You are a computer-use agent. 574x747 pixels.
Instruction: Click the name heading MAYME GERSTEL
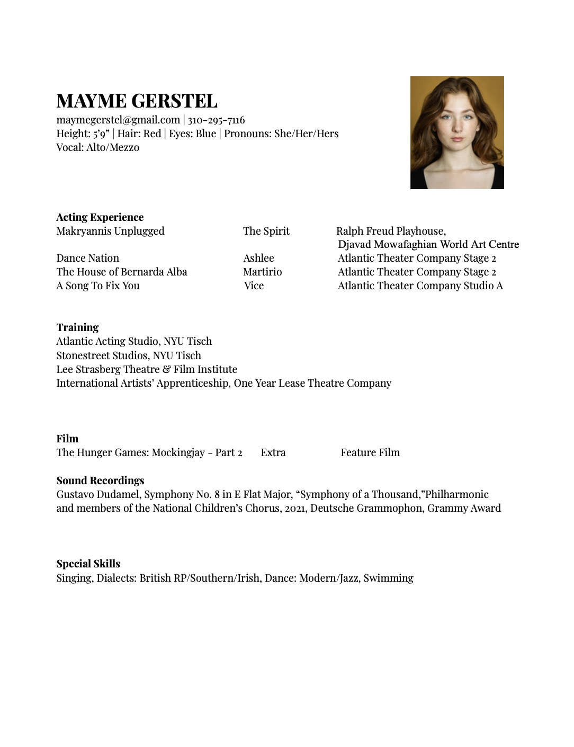click(x=137, y=101)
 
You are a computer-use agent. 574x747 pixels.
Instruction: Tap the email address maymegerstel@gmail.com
click(x=118, y=120)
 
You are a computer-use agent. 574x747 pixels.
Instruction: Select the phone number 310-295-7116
click(x=216, y=120)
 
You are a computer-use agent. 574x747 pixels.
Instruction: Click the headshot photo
click(x=457, y=132)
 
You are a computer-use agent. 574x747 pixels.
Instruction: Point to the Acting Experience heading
click(x=100, y=217)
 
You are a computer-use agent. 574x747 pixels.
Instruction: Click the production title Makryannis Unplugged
click(x=110, y=231)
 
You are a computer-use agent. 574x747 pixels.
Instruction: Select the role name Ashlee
click(x=258, y=258)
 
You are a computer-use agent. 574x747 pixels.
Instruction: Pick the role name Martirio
click(x=262, y=272)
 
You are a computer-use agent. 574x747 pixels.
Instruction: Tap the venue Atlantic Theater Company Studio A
click(x=420, y=286)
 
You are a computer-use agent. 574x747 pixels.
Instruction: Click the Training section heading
click(x=77, y=327)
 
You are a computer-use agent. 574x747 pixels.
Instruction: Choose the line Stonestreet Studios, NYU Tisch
click(x=129, y=355)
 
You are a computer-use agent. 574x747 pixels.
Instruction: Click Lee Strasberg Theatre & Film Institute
click(x=147, y=369)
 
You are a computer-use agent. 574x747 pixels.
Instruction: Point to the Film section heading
click(x=67, y=439)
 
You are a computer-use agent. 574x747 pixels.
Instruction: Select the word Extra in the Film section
click(x=273, y=452)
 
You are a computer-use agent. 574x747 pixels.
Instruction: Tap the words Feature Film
click(x=370, y=452)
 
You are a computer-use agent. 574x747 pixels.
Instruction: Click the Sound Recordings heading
click(x=100, y=481)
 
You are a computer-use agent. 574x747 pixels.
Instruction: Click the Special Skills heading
click(x=88, y=564)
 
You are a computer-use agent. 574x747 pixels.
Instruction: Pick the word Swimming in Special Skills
click(x=388, y=578)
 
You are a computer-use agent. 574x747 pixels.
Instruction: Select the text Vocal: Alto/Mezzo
click(x=97, y=147)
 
